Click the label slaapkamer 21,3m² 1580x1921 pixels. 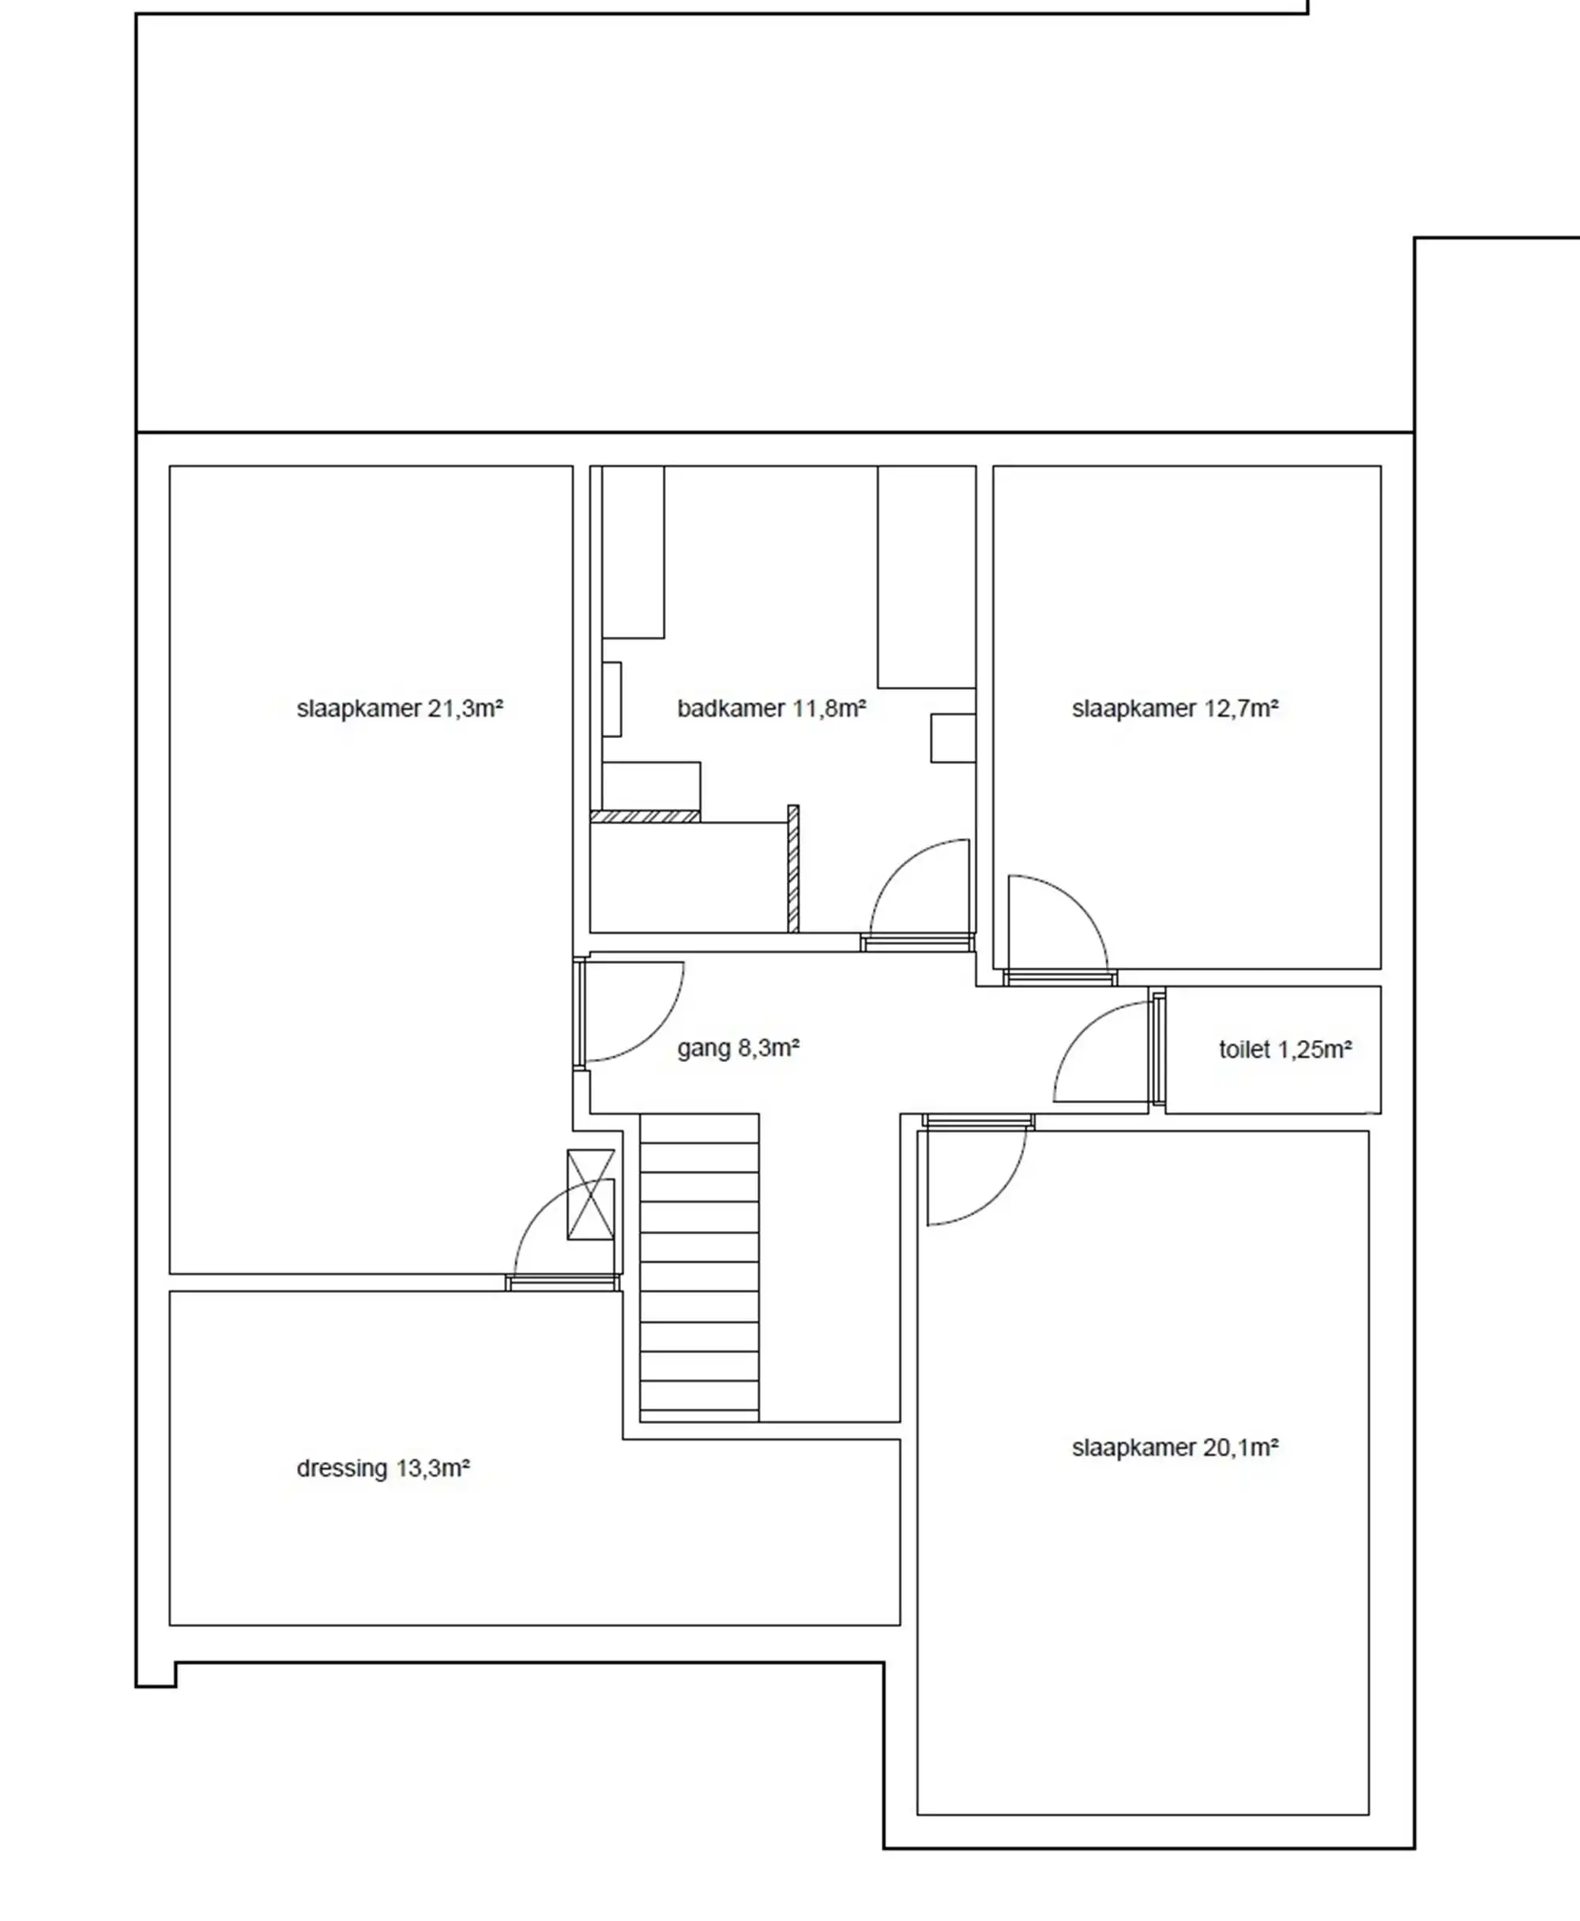(x=400, y=708)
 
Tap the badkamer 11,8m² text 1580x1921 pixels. (x=771, y=708)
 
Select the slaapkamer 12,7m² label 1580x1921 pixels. (x=1175, y=708)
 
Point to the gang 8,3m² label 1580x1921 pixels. (x=738, y=1049)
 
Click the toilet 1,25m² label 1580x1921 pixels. (x=1285, y=1049)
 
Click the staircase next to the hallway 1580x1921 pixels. (x=699, y=1267)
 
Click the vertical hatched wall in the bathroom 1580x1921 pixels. (x=792, y=868)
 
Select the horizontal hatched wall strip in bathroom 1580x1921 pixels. (x=645, y=816)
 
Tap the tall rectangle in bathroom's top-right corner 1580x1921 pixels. (x=927, y=577)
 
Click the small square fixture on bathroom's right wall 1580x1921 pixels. (x=953, y=738)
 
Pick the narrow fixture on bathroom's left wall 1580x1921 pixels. (x=611, y=699)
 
